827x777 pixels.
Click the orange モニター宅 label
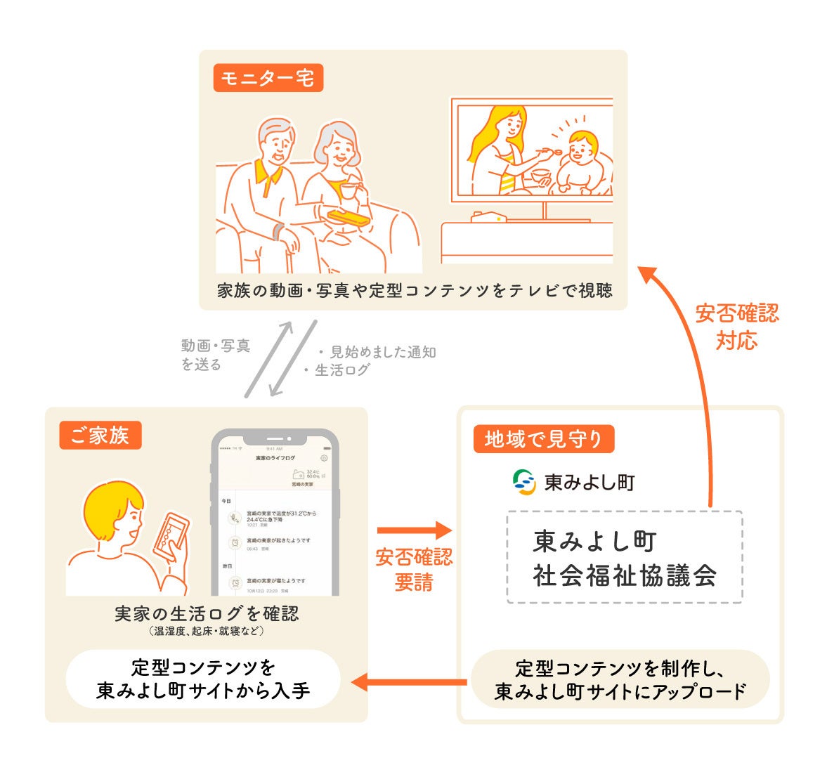pyautogui.click(x=268, y=78)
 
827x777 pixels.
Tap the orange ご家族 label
pyautogui.click(x=100, y=436)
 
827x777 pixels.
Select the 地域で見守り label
pyautogui.click(x=543, y=440)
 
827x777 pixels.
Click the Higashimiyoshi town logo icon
pyautogui.click(x=524, y=482)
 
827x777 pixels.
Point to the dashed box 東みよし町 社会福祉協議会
pyautogui.click(x=624, y=557)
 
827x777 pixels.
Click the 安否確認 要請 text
pyautogui.click(x=414, y=570)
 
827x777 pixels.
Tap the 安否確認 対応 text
pyautogui.click(x=737, y=326)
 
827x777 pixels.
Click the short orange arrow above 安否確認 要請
pyautogui.click(x=413, y=530)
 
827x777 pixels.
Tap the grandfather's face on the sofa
pyautogui.click(x=276, y=146)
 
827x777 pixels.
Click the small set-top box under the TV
pyautogui.click(x=488, y=216)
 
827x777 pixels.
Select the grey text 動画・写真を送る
pyautogui.click(x=215, y=355)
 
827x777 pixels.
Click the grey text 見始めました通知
pyautogui.click(x=383, y=352)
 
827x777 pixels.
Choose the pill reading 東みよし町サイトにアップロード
pyautogui.click(x=620, y=679)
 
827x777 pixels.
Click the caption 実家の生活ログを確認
pyautogui.click(x=207, y=614)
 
